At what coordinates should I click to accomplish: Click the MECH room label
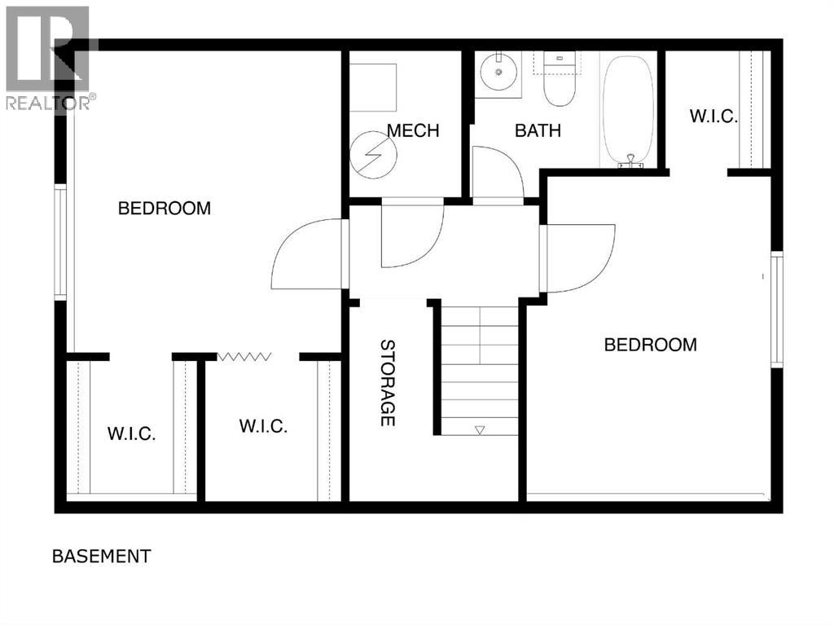coord(413,130)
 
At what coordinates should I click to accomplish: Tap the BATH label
coord(538,130)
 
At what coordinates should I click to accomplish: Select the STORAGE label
coord(388,382)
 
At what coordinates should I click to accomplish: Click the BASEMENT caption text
coord(101,557)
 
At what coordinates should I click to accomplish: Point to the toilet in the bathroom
coord(560,81)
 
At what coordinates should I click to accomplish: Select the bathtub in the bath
coord(627,110)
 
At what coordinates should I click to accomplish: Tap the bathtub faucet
coord(630,161)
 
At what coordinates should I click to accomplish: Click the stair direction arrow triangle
coord(480,429)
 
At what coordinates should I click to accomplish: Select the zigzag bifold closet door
coord(244,356)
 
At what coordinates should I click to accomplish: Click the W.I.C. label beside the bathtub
coord(713,117)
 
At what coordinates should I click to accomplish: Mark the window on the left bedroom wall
coord(59,242)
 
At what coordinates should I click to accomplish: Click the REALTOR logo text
coord(49,102)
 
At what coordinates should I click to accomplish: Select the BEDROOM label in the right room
coord(650,345)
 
